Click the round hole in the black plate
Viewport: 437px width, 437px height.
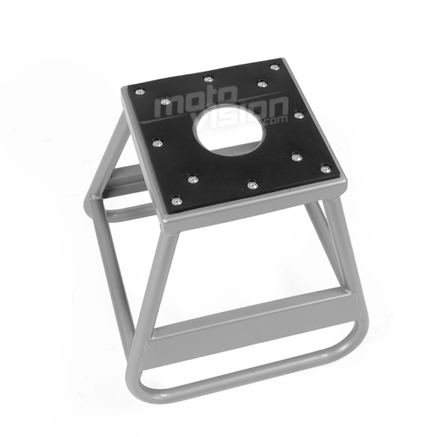coord(231,128)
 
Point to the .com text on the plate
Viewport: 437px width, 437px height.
coord(274,120)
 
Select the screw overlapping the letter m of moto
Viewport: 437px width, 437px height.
coord(166,101)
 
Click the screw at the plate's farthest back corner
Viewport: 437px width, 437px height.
coord(274,67)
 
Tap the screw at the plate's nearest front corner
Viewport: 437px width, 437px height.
coord(177,201)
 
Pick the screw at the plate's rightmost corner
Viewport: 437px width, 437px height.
coord(325,169)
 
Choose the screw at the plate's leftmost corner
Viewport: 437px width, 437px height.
coord(140,92)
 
